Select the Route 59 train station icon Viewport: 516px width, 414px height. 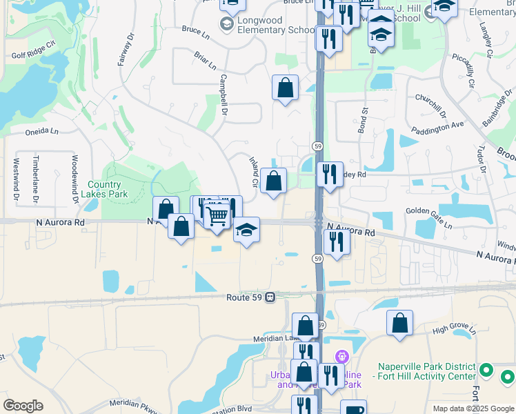[270, 297]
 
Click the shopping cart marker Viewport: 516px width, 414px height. [217, 216]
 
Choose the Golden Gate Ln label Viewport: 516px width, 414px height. [428, 218]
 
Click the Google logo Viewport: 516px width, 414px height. [23, 406]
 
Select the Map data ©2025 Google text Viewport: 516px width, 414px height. [473, 408]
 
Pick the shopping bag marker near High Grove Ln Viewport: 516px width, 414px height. [399, 322]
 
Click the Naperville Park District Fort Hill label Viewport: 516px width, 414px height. [427, 371]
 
